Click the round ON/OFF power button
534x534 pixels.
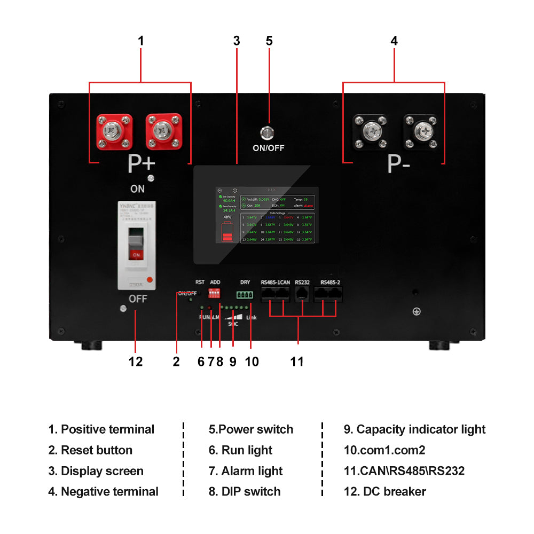[268, 132]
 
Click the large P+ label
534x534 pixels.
[141, 165]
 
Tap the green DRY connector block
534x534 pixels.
[245, 294]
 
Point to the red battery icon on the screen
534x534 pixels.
[227, 233]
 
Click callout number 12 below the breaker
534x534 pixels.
[136, 362]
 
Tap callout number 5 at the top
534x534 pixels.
[269, 41]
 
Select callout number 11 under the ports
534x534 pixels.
[297, 362]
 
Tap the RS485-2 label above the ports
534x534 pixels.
[331, 282]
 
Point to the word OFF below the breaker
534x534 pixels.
[138, 299]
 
